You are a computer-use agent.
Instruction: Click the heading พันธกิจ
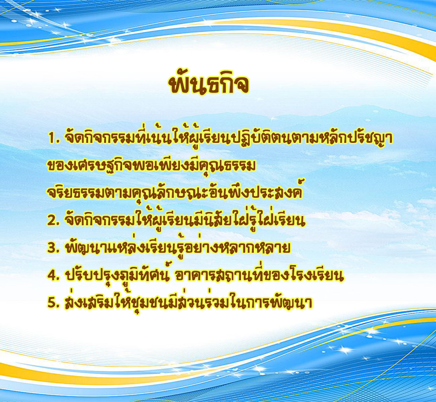click(208, 83)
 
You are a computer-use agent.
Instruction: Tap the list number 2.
click(53, 221)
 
